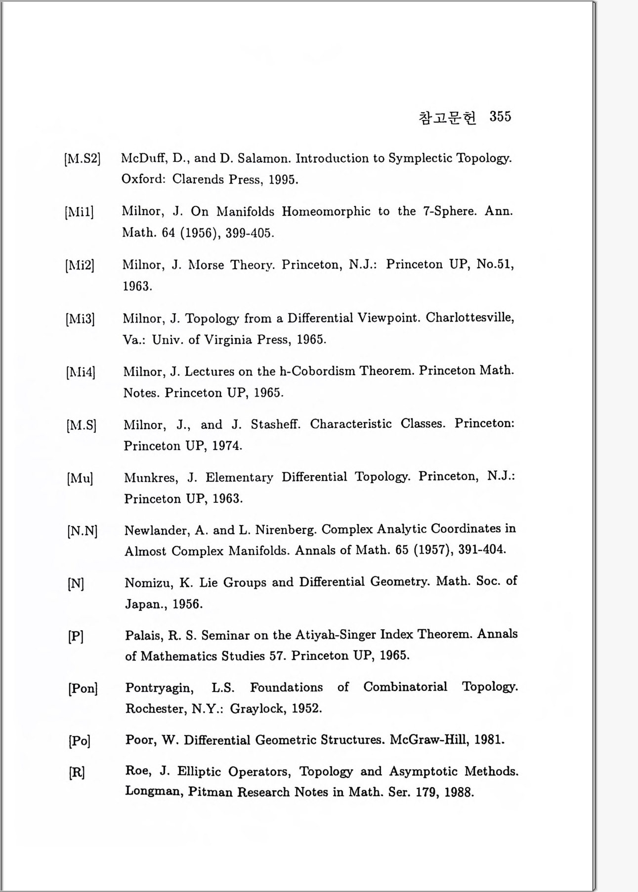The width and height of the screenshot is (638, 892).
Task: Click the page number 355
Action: [x=500, y=117]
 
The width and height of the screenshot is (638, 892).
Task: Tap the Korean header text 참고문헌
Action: [x=447, y=118]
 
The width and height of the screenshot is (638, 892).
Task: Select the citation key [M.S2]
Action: [x=82, y=159]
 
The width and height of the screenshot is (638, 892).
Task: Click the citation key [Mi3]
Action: [x=80, y=319]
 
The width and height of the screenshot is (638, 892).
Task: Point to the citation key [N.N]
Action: [x=82, y=531]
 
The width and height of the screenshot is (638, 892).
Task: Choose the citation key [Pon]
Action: [x=83, y=688]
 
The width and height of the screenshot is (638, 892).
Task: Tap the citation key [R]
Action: [x=77, y=772]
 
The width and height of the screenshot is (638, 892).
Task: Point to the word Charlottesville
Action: [x=469, y=317]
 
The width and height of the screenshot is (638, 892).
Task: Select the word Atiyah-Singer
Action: [x=337, y=635]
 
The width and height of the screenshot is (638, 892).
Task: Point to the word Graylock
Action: [x=257, y=709]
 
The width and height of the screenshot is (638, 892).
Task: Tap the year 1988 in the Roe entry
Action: [x=459, y=792]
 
